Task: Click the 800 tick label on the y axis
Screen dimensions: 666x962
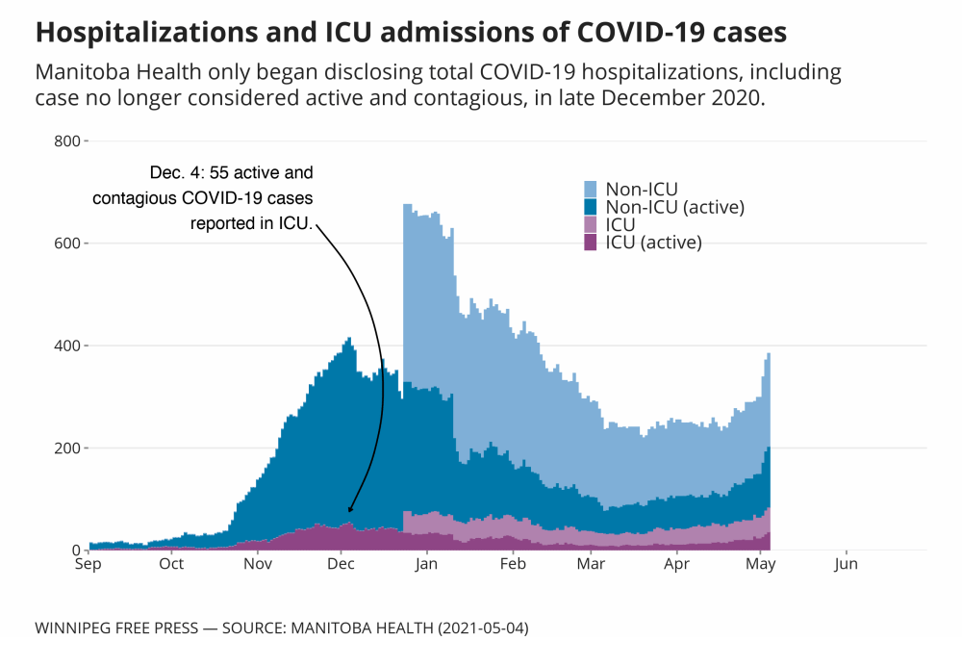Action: click(66, 141)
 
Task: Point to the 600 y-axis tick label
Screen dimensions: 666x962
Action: click(66, 243)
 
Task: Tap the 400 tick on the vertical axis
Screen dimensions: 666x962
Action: click(66, 346)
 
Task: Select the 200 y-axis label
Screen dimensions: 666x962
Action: click(66, 448)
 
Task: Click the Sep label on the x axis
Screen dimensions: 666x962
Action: click(89, 565)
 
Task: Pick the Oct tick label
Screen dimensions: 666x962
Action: click(172, 565)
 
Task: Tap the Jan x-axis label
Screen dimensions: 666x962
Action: click(427, 565)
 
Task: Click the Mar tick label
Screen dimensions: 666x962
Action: click(591, 565)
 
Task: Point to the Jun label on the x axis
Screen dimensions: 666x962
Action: click(847, 565)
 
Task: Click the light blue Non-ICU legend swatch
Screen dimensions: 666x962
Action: click(592, 190)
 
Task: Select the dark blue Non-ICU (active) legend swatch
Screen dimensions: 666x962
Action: click(592, 207)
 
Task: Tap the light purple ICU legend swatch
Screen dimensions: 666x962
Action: click(592, 224)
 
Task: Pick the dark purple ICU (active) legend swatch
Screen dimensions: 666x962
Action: click(592, 242)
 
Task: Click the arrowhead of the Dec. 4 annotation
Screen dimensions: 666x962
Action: click(349, 510)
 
